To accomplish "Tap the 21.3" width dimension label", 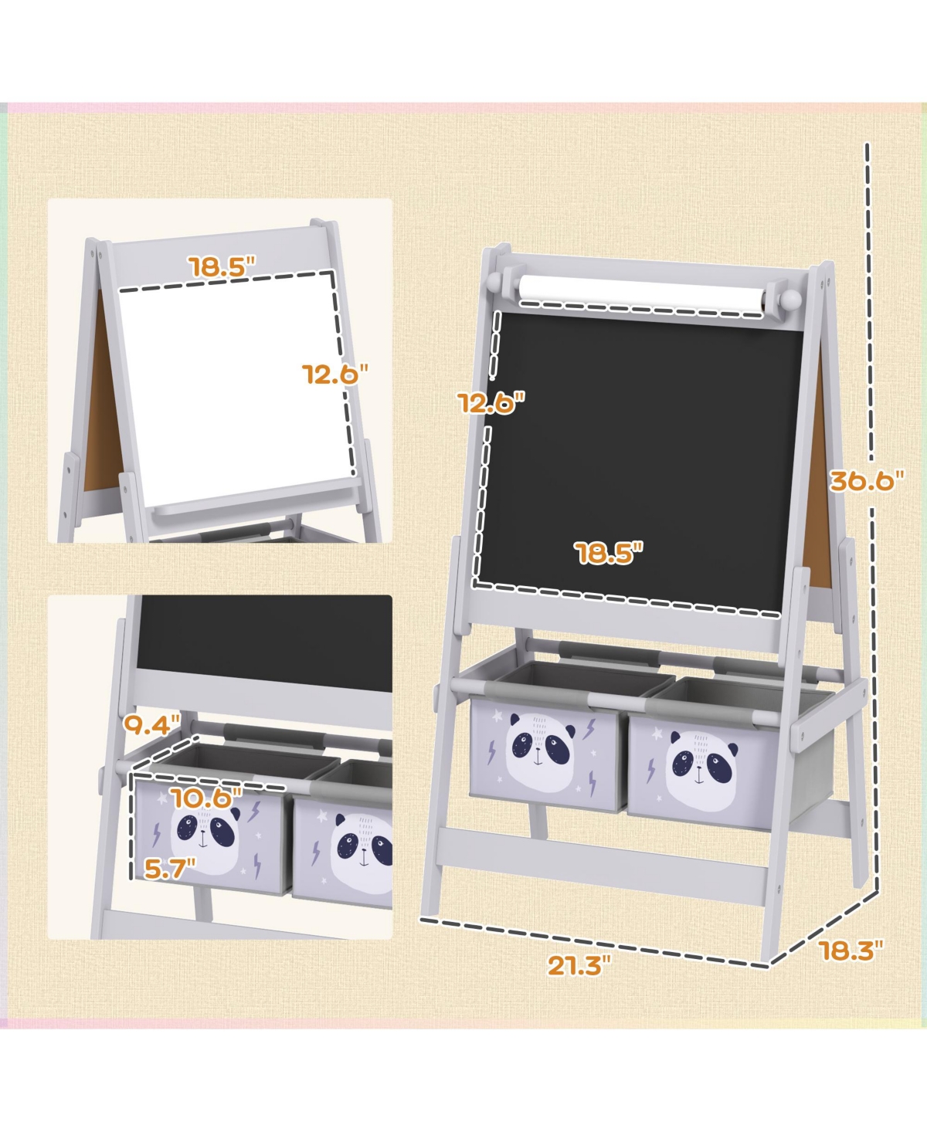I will [579, 965].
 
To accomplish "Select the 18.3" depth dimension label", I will [851, 951].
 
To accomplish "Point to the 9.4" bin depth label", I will [151, 726].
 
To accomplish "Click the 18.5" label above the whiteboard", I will [223, 267].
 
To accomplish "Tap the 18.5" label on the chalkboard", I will [609, 553].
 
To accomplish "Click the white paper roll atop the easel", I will [641, 294].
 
